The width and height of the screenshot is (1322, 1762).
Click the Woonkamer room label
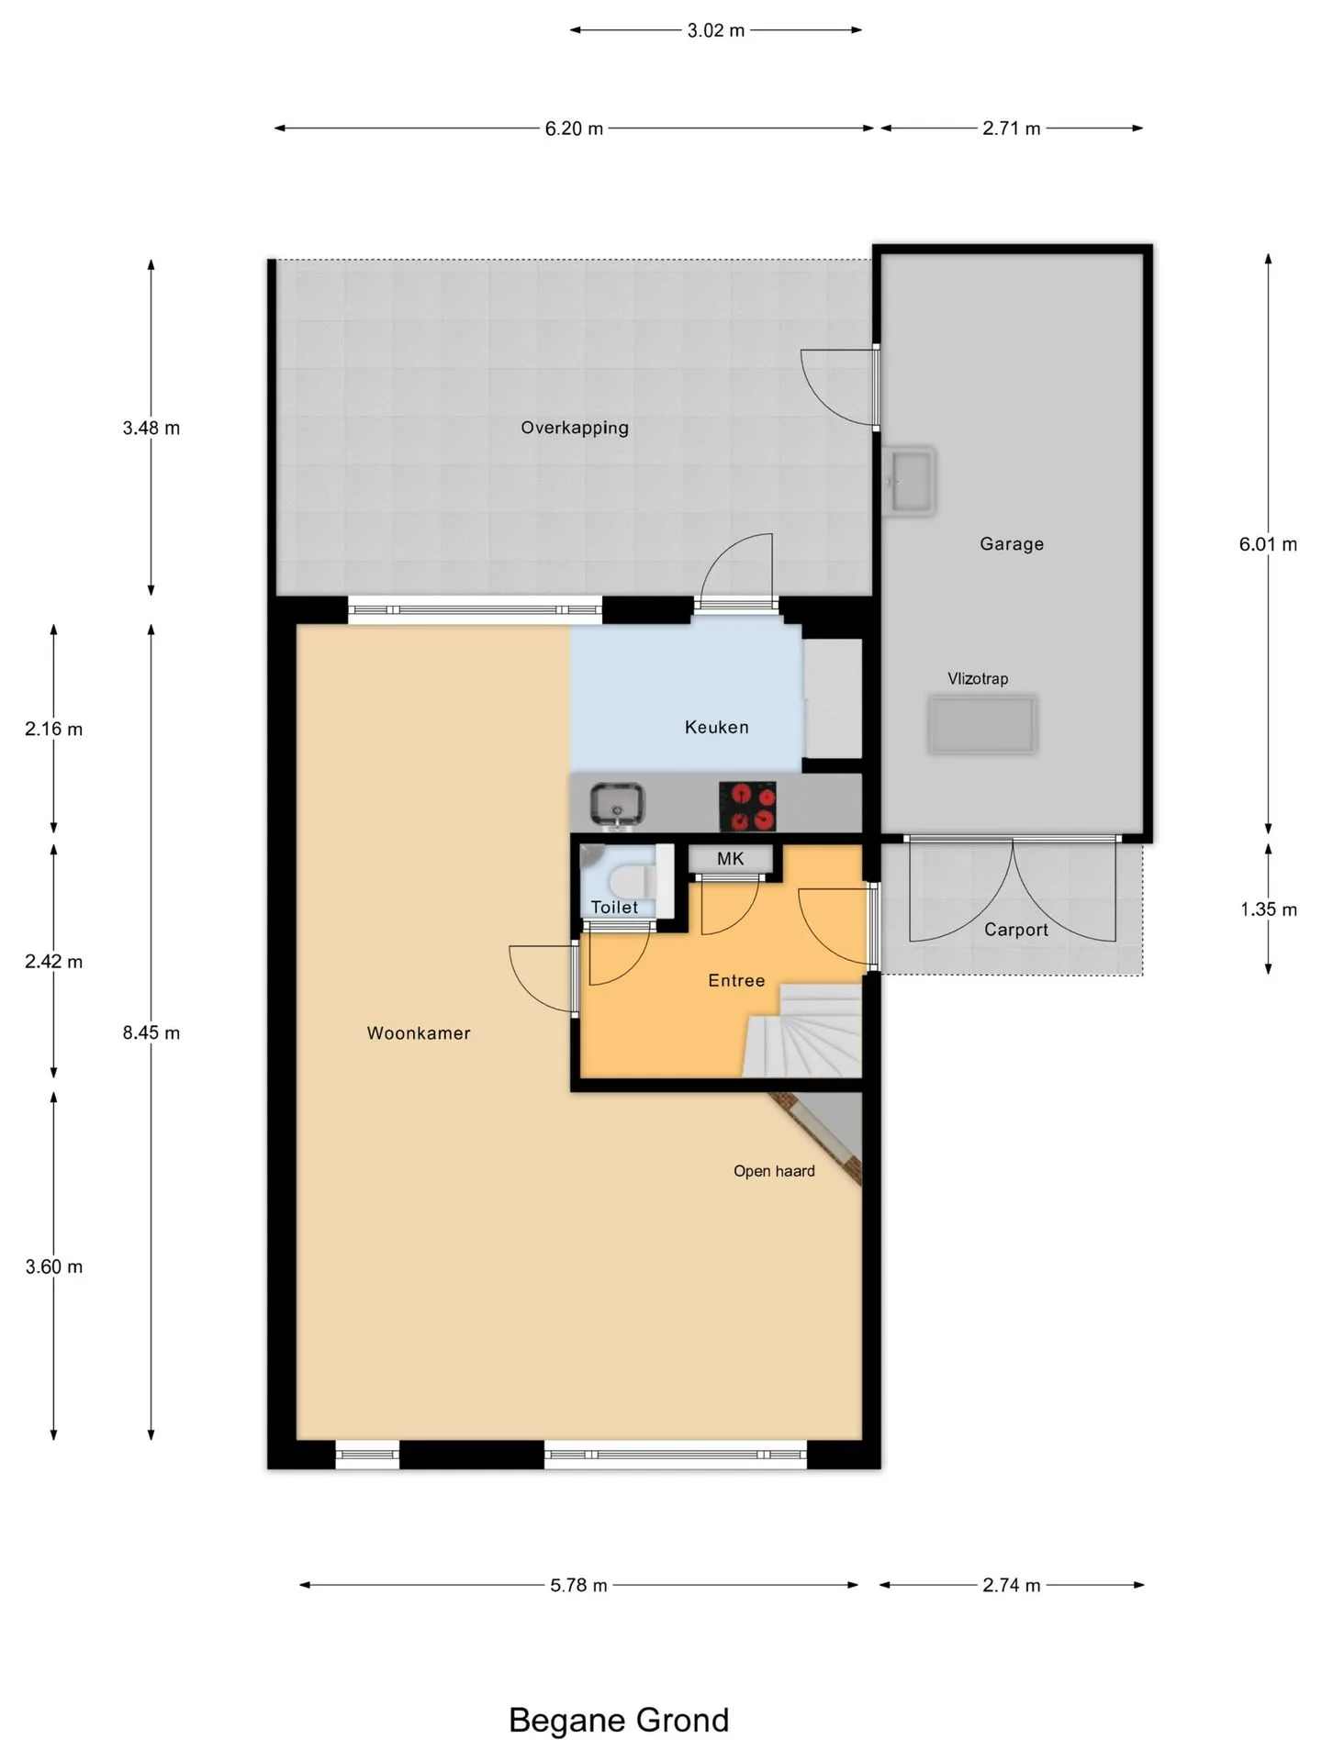point(419,1033)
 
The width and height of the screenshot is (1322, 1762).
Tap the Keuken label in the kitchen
point(717,728)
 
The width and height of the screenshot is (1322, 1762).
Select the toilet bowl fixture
point(633,882)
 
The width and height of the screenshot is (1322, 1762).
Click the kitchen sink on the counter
point(617,805)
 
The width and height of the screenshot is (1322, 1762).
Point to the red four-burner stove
point(747,806)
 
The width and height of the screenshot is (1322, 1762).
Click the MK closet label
point(731,859)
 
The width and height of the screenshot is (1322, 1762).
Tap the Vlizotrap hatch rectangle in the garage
point(982,725)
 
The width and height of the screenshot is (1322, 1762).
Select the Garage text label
point(1012,544)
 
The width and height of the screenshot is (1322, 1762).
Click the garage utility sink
point(909,481)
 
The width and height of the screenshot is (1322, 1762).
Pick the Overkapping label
point(575,428)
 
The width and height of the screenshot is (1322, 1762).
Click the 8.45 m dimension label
point(151,1033)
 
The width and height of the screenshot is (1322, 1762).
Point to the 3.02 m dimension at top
point(716,30)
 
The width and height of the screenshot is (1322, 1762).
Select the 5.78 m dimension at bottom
point(578,1586)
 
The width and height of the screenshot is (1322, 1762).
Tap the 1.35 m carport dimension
point(1269,909)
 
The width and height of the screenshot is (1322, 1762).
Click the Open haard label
point(774,1171)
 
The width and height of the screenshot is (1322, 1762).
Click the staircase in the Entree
point(803,1030)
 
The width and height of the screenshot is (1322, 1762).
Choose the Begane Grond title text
point(619,1720)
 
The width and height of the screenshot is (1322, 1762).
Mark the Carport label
point(1016,930)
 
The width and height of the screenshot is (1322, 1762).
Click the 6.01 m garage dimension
point(1268,544)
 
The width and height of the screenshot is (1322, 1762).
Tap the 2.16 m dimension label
point(54,730)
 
